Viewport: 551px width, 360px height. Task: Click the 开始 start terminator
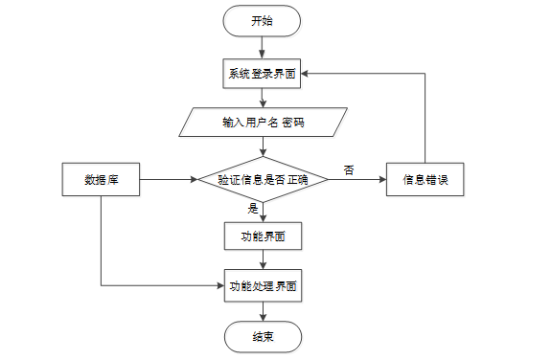pyautogui.click(x=262, y=21)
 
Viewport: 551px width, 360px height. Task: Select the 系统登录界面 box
pyautogui.click(x=262, y=74)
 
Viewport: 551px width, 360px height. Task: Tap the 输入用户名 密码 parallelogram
pyautogui.click(x=264, y=122)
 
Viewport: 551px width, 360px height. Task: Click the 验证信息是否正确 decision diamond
pyautogui.click(x=264, y=179)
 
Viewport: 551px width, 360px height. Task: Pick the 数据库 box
pyautogui.click(x=101, y=179)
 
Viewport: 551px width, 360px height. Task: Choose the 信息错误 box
pyautogui.click(x=425, y=179)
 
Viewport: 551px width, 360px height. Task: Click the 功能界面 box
pyautogui.click(x=264, y=236)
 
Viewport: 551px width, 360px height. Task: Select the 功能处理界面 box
pyautogui.click(x=264, y=286)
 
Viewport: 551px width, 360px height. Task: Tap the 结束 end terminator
pyautogui.click(x=264, y=337)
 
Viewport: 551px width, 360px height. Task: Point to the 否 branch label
pyautogui.click(x=349, y=170)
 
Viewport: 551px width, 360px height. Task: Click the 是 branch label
pyautogui.click(x=253, y=209)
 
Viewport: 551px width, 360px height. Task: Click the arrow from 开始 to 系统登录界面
pyautogui.click(x=262, y=48)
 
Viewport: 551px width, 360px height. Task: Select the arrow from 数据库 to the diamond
pyautogui.click(x=169, y=179)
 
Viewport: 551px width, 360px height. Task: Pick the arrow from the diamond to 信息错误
pyautogui.click(x=357, y=179)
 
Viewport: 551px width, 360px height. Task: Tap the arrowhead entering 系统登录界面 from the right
pyautogui.click(x=305, y=74)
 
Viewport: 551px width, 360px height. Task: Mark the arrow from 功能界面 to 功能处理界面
pyautogui.click(x=264, y=259)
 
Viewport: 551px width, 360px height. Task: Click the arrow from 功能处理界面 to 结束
pyautogui.click(x=264, y=311)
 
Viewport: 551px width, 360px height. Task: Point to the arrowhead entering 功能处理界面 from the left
pyautogui.click(x=220, y=285)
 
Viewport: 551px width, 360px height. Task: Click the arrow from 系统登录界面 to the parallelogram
pyautogui.click(x=263, y=98)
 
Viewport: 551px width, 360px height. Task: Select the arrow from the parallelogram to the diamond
pyautogui.click(x=264, y=146)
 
